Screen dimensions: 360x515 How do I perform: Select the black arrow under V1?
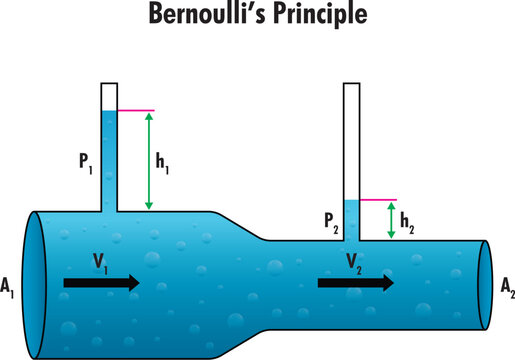pos(101,283)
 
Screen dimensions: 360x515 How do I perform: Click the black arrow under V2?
pos(355,283)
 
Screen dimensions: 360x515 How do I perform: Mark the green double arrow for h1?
pos(148,160)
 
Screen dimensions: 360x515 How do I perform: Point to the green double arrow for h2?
pos(391,221)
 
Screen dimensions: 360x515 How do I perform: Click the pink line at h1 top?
pos(134,110)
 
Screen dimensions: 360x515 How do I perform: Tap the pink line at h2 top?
pos(377,201)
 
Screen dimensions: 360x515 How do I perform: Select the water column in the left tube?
pos(109,160)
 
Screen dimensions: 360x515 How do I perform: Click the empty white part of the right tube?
pos(351,140)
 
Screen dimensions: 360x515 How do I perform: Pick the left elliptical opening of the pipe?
pos(32,284)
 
